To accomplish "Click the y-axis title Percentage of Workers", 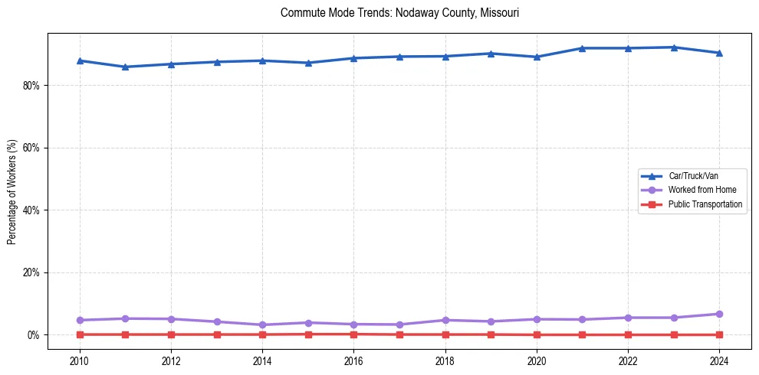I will point(12,192).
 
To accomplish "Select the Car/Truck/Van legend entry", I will point(693,176).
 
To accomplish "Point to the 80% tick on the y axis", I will point(31,85).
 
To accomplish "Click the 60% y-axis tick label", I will point(31,148).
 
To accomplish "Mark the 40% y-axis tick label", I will point(31,210).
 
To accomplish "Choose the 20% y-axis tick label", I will point(31,272).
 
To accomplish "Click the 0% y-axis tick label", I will point(33,335).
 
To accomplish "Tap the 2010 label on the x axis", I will point(80,359).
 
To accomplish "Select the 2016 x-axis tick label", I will point(353,359).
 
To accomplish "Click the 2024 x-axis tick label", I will point(719,359).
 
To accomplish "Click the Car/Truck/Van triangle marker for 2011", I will point(125,67).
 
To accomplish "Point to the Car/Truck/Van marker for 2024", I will point(719,53).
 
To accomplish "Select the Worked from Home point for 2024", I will point(719,314).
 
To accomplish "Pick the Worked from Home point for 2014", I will point(262,324).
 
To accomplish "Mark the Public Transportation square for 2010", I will point(80,334).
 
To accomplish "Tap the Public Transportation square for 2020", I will point(537,334).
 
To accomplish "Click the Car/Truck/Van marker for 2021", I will point(582,48).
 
